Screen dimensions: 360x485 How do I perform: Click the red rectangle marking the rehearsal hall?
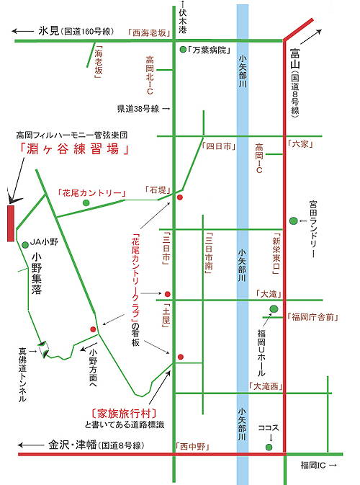(x=11, y=223)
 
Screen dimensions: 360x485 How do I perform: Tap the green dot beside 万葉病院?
(x=183, y=50)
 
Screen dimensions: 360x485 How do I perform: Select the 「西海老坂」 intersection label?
(x=150, y=32)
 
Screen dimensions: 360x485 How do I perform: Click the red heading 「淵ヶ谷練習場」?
(x=74, y=149)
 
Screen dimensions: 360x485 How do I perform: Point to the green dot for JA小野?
(x=25, y=245)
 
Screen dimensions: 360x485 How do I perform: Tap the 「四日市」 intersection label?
(x=219, y=146)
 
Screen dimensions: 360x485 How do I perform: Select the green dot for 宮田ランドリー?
(x=293, y=221)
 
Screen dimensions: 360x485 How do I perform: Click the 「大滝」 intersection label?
(x=269, y=294)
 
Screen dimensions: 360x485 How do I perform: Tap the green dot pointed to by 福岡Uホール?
(x=274, y=308)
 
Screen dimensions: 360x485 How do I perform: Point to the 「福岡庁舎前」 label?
(x=312, y=317)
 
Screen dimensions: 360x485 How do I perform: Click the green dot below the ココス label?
(x=269, y=447)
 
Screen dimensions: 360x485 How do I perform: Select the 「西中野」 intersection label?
(x=193, y=446)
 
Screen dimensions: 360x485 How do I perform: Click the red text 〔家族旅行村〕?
(x=124, y=414)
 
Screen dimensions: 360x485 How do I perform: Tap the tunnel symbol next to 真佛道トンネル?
(x=43, y=350)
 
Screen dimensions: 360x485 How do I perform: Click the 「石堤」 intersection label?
(x=158, y=190)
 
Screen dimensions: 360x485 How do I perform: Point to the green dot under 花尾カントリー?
(x=86, y=203)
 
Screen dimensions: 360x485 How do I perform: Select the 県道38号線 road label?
(x=138, y=109)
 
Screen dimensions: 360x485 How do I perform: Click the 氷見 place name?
(x=48, y=31)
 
